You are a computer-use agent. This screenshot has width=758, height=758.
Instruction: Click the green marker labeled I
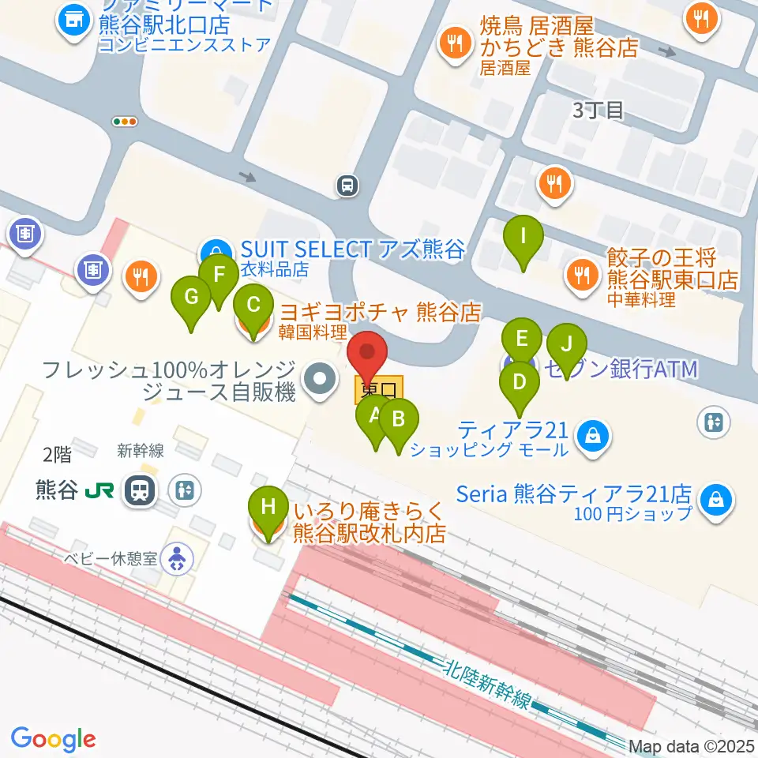(524, 237)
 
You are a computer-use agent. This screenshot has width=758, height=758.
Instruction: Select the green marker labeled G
(191, 298)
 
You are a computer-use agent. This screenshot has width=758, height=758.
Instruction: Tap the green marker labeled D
(519, 383)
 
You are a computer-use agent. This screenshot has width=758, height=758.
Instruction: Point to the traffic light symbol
(125, 122)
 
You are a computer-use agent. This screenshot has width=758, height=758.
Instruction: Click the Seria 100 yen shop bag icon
(715, 500)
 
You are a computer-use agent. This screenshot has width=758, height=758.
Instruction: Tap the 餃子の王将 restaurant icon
(583, 275)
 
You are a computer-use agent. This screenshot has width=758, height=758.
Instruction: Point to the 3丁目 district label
(599, 111)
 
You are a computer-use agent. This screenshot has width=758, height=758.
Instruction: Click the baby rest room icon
(176, 560)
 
